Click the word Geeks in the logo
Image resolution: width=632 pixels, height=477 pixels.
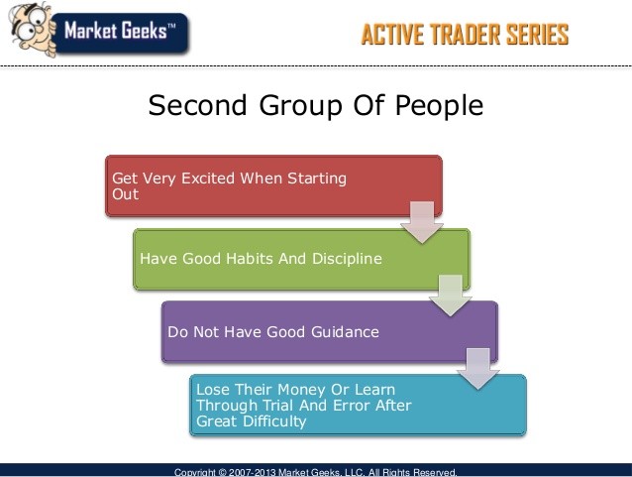point(145,31)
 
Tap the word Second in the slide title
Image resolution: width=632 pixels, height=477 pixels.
point(197,105)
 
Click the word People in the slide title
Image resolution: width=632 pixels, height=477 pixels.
point(440,106)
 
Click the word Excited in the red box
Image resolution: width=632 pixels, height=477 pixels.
point(208,178)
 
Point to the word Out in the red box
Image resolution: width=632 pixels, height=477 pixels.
point(126,194)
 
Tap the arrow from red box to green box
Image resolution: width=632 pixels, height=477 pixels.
point(422,222)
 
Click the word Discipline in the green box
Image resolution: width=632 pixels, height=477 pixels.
point(347,258)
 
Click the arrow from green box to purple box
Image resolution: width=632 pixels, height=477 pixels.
point(450,296)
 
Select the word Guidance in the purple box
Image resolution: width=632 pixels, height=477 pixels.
point(345,332)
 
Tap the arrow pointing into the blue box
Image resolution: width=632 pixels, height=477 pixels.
point(478,369)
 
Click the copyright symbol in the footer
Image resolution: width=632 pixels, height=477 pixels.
point(223,472)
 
